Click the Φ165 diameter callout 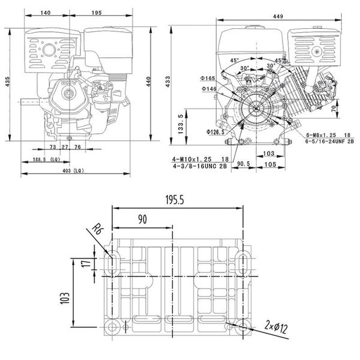coord(208,79)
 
